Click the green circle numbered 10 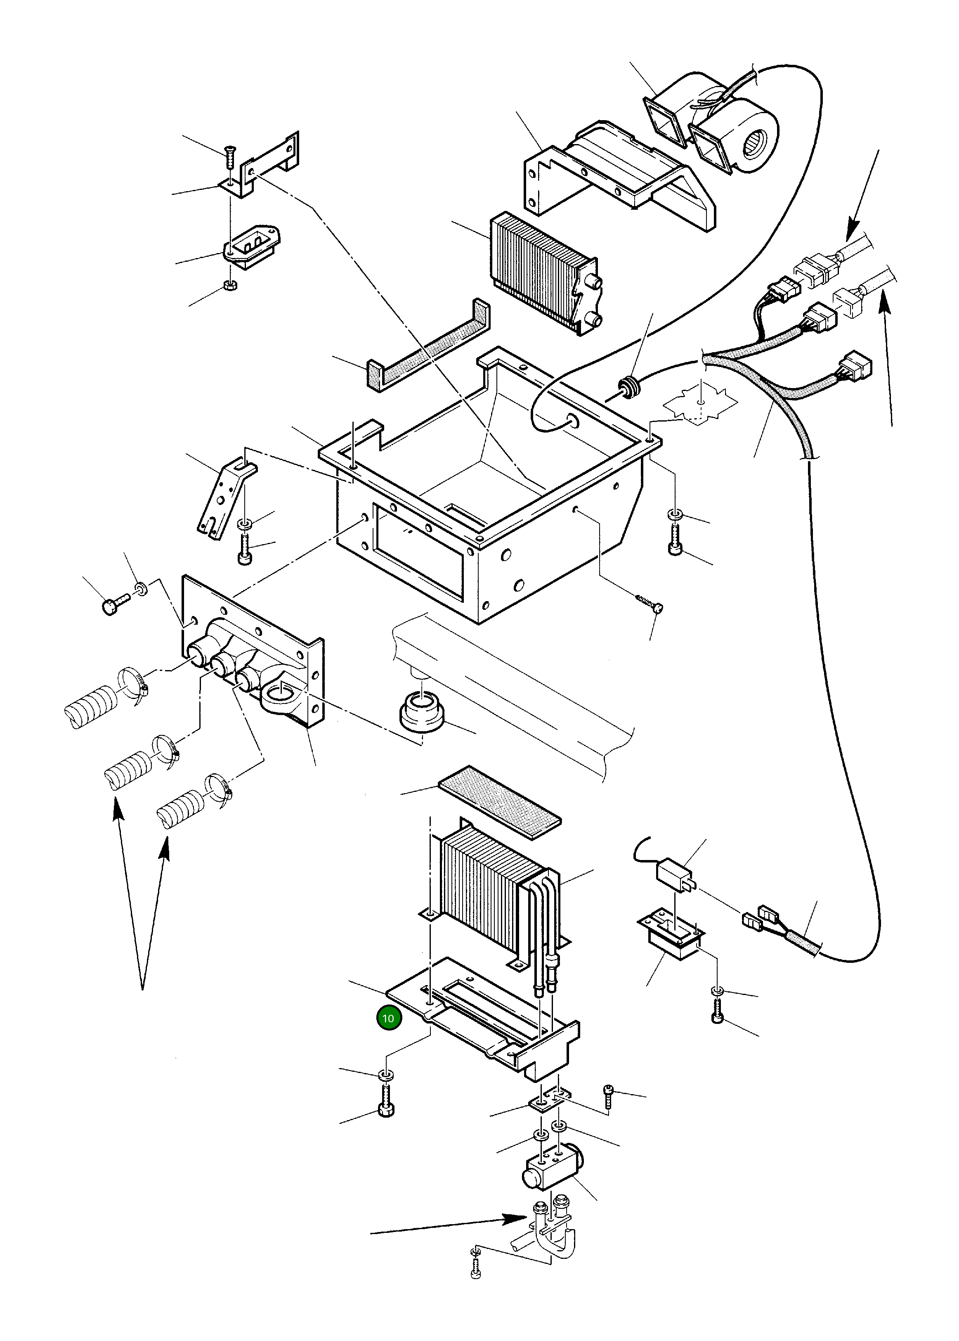388,1018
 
